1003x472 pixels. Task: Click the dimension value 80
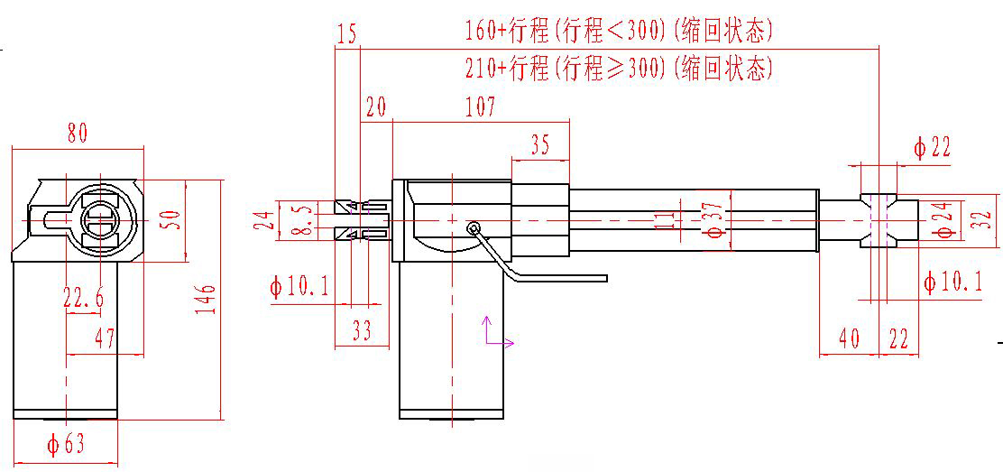pyautogui.click(x=78, y=134)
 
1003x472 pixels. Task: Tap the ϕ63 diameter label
pyautogui.click(x=66, y=444)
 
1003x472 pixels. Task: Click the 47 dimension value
pyautogui.click(x=105, y=338)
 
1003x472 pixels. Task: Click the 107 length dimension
pyautogui.click(x=480, y=108)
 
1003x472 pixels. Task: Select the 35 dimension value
pyautogui.click(x=540, y=146)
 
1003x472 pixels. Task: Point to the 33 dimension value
pyautogui.click(x=362, y=332)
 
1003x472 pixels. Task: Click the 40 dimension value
pyautogui.click(x=849, y=339)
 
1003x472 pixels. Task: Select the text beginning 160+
pyautogui.click(x=619, y=32)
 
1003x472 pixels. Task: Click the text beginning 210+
pyautogui.click(x=619, y=68)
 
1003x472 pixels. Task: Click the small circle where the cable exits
pyautogui.click(x=474, y=228)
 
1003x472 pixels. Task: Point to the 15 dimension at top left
pyautogui.click(x=347, y=34)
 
